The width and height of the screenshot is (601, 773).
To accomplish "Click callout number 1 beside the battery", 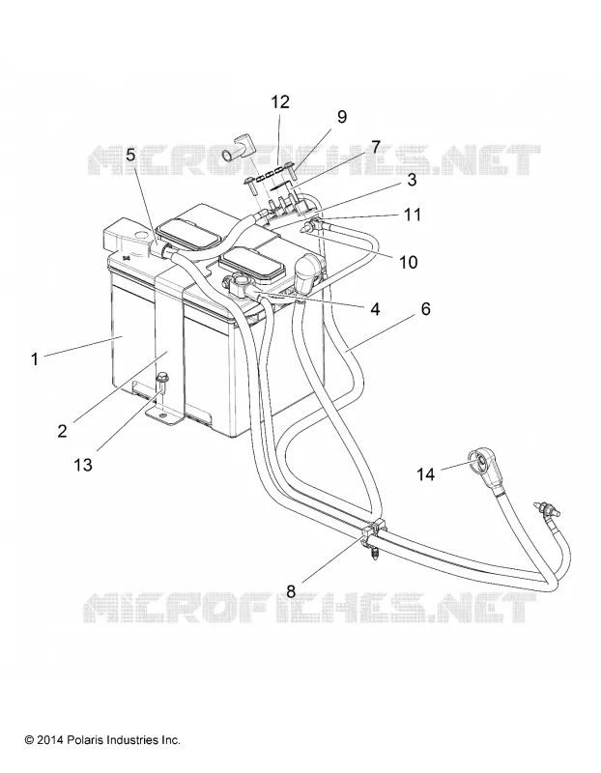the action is coord(35,358).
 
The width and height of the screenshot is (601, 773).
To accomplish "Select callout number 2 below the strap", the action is coord(62,431).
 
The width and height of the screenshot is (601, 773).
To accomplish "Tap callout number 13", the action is coord(83,465).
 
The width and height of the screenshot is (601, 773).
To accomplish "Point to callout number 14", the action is coord(426,474).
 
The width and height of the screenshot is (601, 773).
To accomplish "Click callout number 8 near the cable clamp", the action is coord(291,591).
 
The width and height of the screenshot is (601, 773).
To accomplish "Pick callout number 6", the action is coord(425,308).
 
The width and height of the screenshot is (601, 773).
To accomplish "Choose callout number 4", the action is coord(375,309).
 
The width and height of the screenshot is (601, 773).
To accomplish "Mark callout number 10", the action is coord(408,262).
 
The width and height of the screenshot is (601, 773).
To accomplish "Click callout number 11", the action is coord(413,215).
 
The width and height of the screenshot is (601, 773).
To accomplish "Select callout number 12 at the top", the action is coord(280,102).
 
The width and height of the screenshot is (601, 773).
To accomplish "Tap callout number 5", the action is coord(130,155).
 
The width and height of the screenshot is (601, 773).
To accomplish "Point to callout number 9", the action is coord(342,117).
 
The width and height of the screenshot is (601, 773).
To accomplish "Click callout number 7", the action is coord(376,147).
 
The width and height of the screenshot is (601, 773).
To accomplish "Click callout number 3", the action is coord(412,180).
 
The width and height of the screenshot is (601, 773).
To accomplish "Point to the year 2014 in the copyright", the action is coord(49,740).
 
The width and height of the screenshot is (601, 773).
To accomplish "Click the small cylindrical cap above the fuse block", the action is coord(235,152).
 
